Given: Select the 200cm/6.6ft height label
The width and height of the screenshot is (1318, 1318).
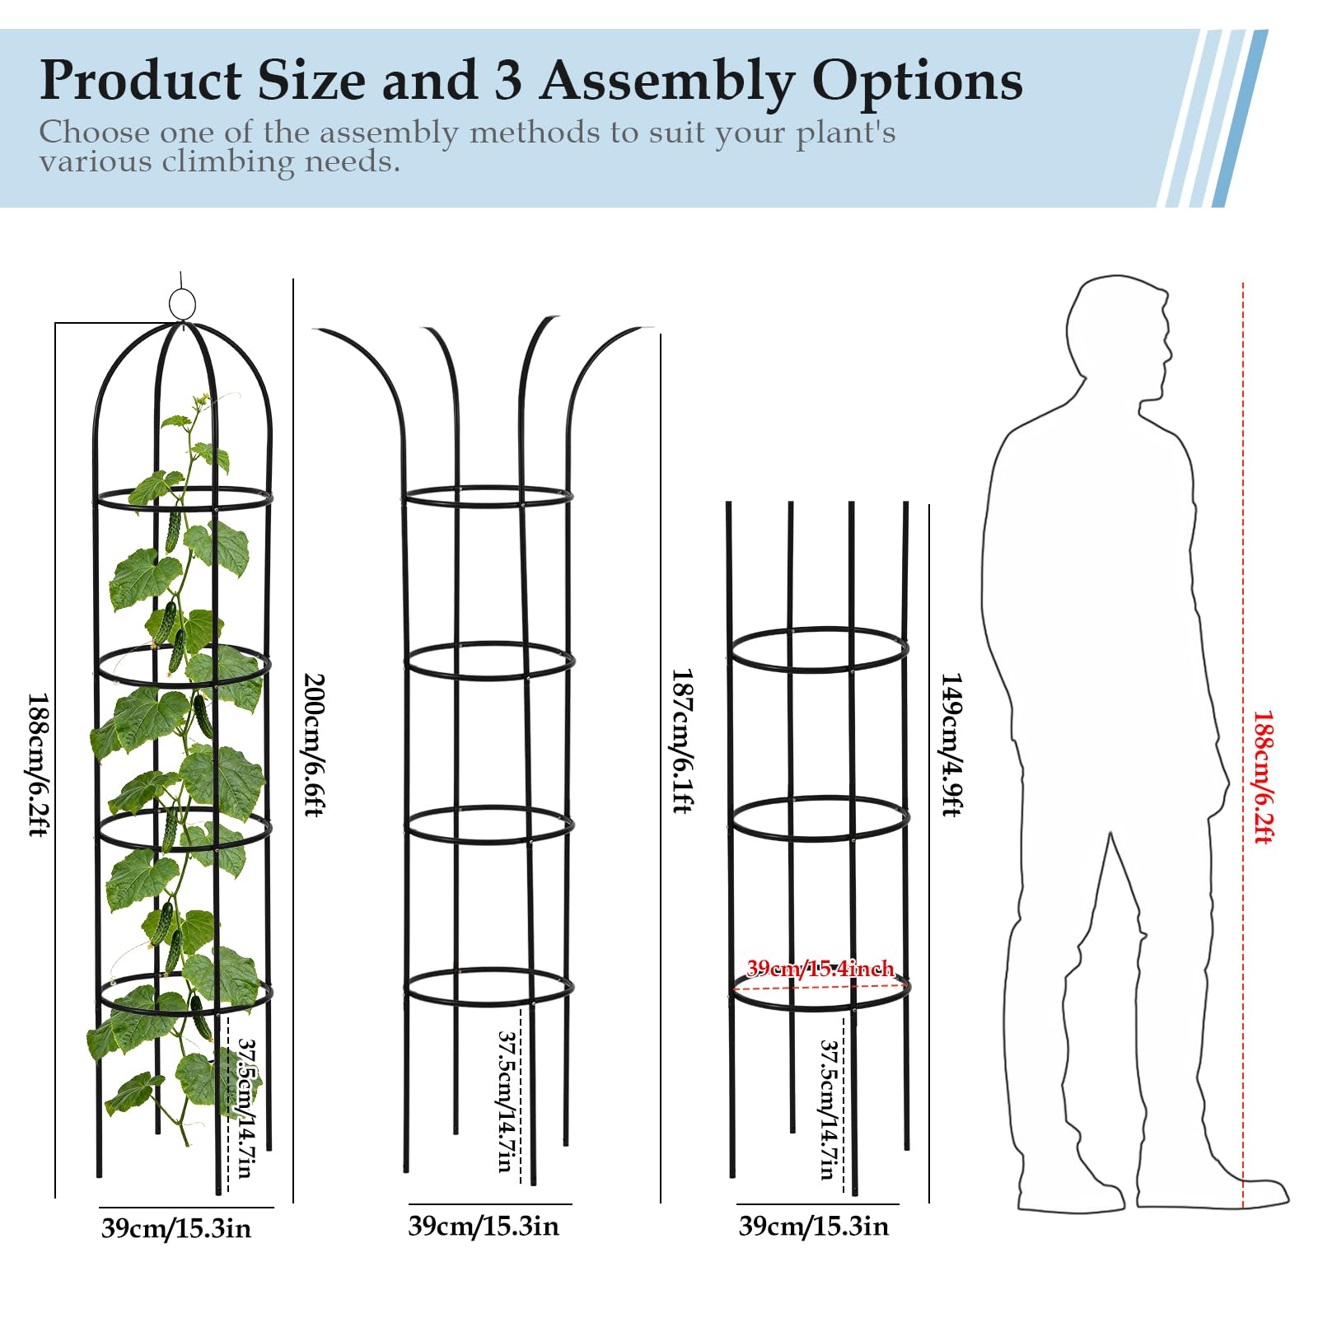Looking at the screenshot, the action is (315, 745).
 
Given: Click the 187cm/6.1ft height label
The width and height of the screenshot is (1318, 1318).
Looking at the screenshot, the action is (683, 741).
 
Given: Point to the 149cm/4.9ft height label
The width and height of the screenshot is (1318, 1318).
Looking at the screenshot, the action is (951, 745).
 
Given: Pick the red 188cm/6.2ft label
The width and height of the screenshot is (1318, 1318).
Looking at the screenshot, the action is (1263, 777).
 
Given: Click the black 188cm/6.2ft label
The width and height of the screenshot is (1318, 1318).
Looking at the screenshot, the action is (39, 764).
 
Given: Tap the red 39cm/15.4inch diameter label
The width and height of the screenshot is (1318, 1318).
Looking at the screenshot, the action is (820, 968).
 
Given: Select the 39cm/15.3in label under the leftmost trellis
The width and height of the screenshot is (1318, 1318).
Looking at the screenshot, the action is (176, 1228).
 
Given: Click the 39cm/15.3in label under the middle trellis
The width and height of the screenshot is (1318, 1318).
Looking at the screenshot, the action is (484, 1226).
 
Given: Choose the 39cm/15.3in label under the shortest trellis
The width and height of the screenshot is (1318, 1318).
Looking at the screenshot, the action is (814, 1226).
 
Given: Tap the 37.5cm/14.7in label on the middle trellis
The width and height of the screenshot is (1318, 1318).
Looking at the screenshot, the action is (506, 1101).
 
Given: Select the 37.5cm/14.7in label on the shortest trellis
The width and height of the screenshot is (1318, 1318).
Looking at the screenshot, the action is (829, 1109).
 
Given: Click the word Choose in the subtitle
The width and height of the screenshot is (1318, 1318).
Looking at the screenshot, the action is (95, 132).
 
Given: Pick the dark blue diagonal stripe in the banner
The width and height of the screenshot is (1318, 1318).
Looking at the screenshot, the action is (1241, 118).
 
